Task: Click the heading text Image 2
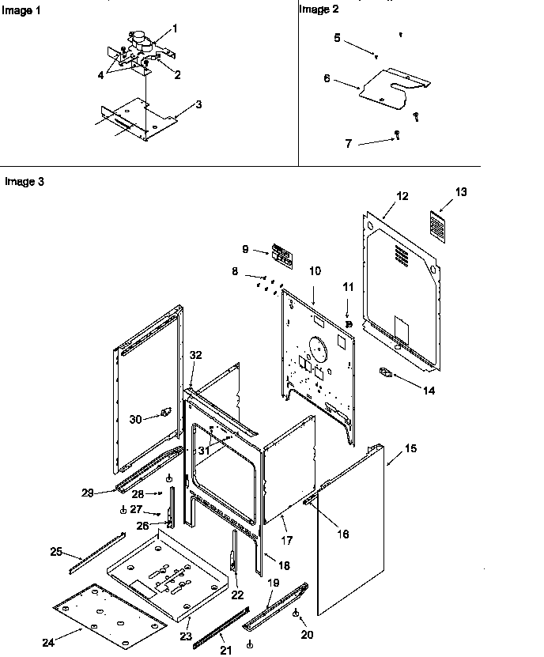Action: [318, 9]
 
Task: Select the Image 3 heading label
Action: [24, 182]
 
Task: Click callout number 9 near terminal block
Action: [246, 249]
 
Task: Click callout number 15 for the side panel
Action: [410, 448]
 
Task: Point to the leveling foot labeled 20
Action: [295, 614]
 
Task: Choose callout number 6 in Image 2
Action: [327, 79]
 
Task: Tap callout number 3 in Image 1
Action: [198, 104]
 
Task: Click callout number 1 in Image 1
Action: [175, 28]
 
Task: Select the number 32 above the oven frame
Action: [196, 355]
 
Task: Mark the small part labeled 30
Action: [165, 411]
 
